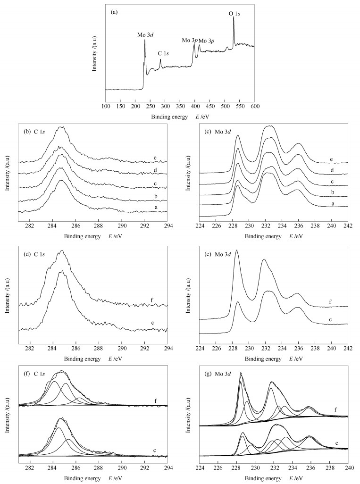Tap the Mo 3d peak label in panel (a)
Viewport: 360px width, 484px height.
[x=146, y=35]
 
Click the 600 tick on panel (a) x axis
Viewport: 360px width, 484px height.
[x=255, y=107]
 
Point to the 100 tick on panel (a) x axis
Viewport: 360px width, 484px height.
[x=106, y=107]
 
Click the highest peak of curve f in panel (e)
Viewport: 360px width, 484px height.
[x=236, y=250]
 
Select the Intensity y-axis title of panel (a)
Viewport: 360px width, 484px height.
[x=95, y=53]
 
